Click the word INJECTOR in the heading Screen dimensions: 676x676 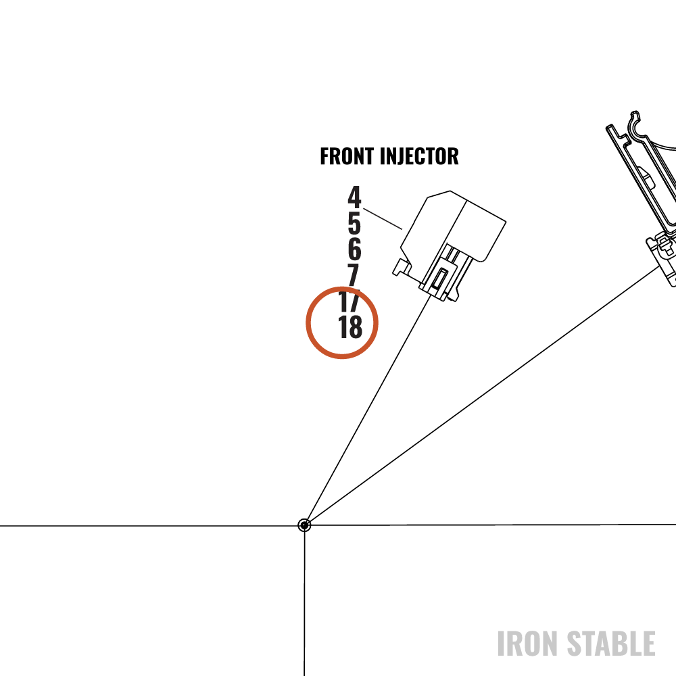419,156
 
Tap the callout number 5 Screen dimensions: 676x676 354,222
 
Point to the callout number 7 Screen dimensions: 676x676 354,274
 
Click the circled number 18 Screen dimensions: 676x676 350,327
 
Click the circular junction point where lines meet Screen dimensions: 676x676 304,525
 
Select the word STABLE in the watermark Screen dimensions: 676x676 611,644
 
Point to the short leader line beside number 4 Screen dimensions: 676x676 383,219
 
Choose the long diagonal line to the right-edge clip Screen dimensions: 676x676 483,395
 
